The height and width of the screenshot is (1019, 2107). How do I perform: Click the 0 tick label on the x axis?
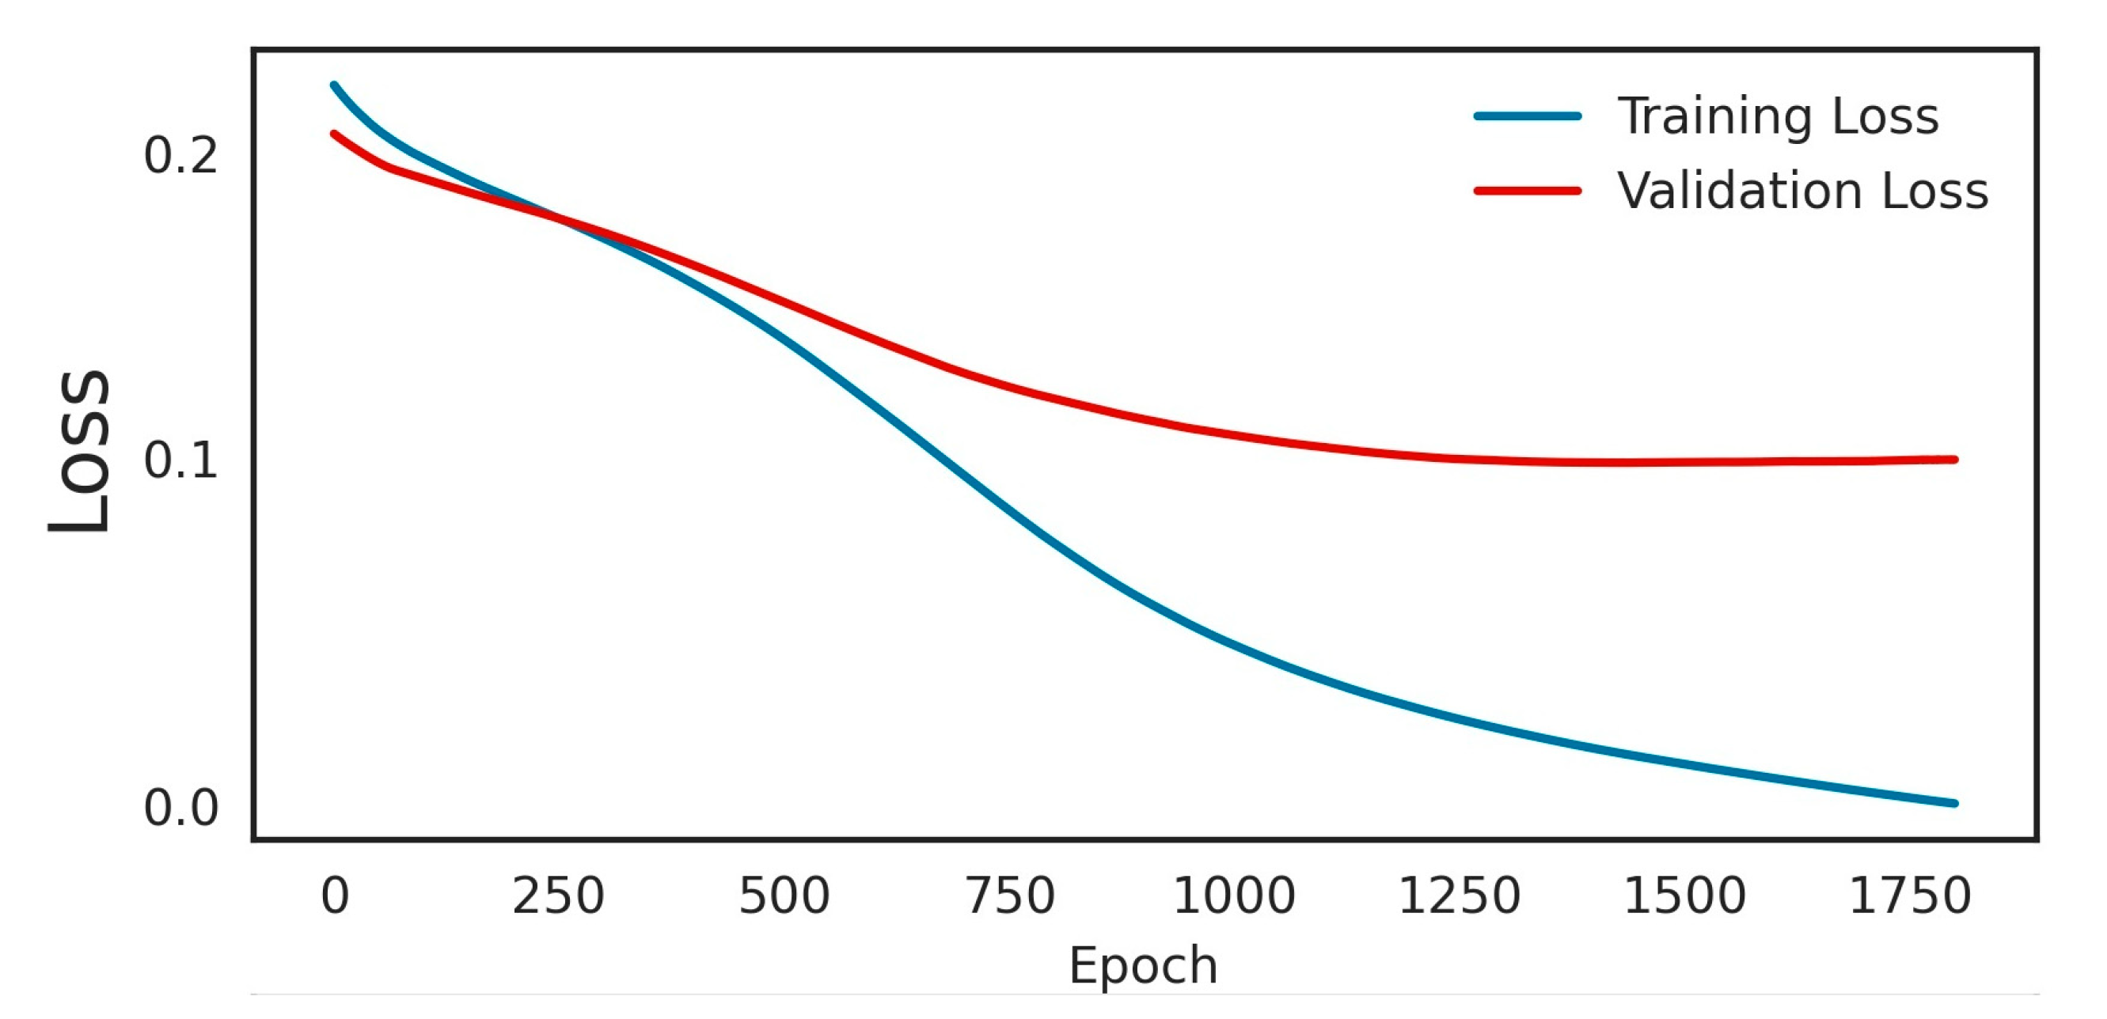(335, 896)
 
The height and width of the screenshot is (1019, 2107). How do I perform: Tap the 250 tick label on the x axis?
(558, 896)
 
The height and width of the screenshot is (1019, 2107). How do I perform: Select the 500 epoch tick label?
(784, 896)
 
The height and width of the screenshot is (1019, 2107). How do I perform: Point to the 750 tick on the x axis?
(1010, 896)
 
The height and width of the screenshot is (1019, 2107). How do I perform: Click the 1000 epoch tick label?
(1233, 896)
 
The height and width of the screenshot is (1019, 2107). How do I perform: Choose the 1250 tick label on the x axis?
(1460, 896)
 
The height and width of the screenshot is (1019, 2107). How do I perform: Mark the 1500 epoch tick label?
(1684, 896)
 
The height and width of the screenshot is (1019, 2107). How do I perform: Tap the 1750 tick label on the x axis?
(1910, 896)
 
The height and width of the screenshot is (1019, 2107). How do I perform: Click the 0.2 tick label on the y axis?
(180, 155)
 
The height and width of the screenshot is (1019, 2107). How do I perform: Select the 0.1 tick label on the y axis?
(180, 460)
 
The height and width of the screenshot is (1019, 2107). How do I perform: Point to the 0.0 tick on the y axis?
(180, 808)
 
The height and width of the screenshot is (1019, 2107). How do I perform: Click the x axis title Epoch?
(1144, 966)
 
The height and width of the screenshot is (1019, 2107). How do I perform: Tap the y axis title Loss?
(79, 452)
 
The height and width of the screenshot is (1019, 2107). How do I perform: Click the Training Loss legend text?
(1779, 116)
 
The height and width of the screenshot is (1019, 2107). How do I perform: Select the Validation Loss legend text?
(1803, 191)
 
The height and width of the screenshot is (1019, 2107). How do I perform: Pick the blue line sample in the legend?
(1527, 116)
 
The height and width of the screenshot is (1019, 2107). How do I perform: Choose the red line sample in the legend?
(1527, 191)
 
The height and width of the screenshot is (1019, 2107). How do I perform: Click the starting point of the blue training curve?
(334, 85)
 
